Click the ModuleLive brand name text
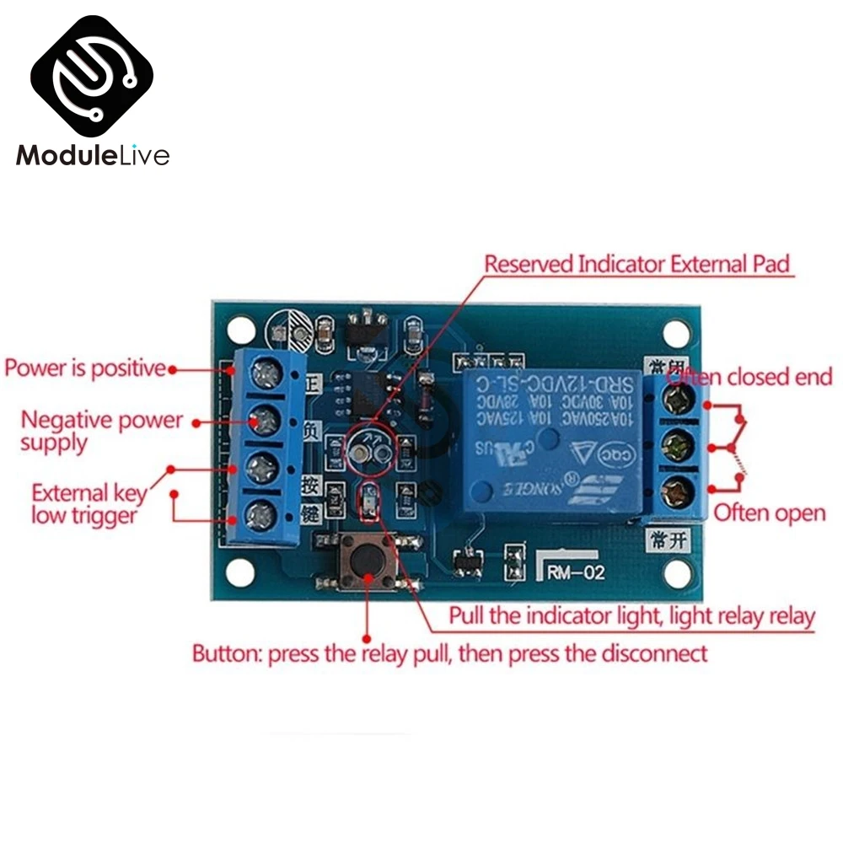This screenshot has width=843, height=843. pyautogui.click(x=93, y=156)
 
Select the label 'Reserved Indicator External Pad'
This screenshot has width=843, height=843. pyautogui.click(x=637, y=265)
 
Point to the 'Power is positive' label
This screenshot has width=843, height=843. pyautogui.click(x=84, y=368)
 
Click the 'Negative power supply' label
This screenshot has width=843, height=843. pyautogui.click(x=101, y=430)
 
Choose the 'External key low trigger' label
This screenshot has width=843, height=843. pyautogui.click(x=89, y=502)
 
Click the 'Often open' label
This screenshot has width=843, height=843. pyautogui.click(x=770, y=513)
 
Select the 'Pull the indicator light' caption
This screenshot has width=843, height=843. pyautogui.click(x=631, y=615)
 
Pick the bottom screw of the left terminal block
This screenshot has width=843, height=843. pyautogui.click(x=265, y=511)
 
